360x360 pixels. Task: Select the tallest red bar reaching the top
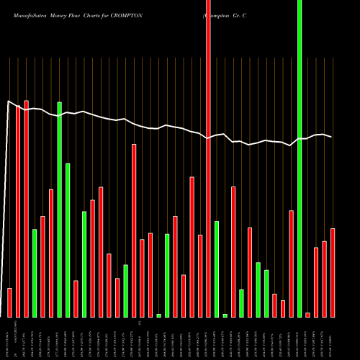point(208,158)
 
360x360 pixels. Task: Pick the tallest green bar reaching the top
point(300,158)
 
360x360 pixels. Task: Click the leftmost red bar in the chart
point(9,302)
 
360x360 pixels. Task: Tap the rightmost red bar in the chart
point(333,272)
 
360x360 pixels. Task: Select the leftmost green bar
point(35,273)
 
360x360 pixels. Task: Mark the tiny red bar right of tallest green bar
point(307,315)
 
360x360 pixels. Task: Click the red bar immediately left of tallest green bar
point(291,264)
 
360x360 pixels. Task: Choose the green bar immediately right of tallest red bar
point(217,269)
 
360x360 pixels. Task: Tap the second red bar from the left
point(18,212)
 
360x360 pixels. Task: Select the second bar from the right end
point(324,279)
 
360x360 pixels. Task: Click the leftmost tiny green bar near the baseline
point(158,315)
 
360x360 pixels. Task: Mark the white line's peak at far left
point(9,102)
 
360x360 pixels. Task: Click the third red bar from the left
point(26,209)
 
